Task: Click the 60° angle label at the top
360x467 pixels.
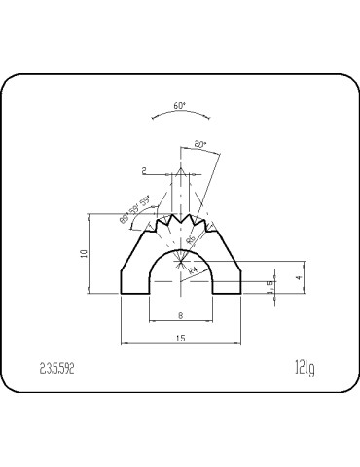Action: (179, 105)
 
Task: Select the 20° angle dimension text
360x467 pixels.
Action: (200, 144)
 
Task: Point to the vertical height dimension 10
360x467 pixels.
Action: (85, 254)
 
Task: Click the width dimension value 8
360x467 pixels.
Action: (181, 316)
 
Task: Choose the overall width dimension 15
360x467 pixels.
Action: (181, 338)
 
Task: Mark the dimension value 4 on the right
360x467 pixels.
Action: (300, 278)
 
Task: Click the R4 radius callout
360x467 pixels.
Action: (193, 269)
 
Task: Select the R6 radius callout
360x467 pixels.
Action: (191, 237)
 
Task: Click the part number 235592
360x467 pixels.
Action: (57, 368)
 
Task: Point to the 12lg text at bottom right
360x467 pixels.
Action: (304, 368)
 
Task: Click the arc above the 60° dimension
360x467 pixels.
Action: (179, 114)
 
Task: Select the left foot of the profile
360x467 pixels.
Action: (134, 284)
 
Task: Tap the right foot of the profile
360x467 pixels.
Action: (228, 284)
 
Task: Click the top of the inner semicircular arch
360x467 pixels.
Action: (181, 248)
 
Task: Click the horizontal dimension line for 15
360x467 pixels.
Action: (181, 343)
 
